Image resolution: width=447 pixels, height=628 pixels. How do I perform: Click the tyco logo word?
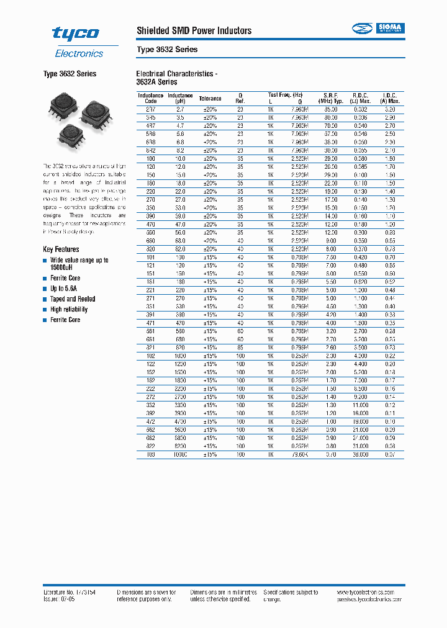pyautogui.click(x=75, y=34)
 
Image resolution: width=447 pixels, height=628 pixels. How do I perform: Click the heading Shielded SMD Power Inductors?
pyautogui.click(x=194, y=30)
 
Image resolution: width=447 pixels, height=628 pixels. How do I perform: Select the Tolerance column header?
pyautogui.click(x=210, y=99)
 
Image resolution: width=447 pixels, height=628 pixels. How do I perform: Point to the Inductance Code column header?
pyautogui.click(x=151, y=98)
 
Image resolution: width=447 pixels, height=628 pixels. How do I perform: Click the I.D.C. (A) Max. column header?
pyautogui.click(x=390, y=98)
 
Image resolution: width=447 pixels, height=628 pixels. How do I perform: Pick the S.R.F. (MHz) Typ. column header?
pyautogui.click(x=330, y=98)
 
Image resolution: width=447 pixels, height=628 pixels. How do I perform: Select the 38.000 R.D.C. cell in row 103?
pyautogui.click(x=361, y=454)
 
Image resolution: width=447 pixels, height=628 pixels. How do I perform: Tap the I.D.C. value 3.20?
pyautogui.click(x=390, y=109)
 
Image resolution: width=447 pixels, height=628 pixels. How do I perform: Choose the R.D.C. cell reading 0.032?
pyautogui.click(x=361, y=109)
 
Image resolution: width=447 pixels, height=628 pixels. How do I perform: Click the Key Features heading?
pyautogui.click(x=61, y=249)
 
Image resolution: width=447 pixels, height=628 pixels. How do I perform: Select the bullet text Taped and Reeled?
pyautogui.click(x=73, y=299)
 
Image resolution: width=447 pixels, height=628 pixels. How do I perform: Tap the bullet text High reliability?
pyautogui.click(x=69, y=310)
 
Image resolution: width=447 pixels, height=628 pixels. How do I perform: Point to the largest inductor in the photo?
pyautogui.click(x=96, y=112)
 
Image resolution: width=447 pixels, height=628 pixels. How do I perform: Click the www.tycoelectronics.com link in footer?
pyautogui.click(x=371, y=593)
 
